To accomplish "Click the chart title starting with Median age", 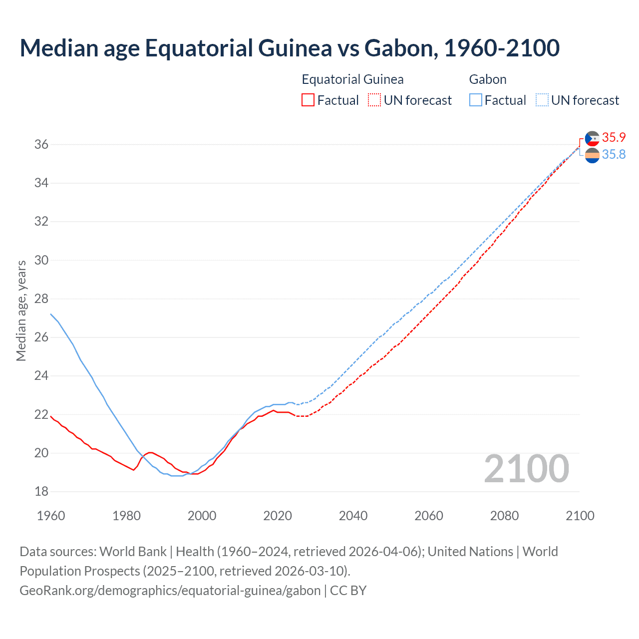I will click(x=290, y=48).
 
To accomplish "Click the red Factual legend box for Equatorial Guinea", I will click(x=308, y=100).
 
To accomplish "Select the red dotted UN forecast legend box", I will click(x=374, y=100).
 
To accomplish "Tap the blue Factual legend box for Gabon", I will click(x=476, y=100).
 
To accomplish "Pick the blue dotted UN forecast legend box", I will click(x=542, y=100).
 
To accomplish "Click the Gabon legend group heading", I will click(x=488, y=79).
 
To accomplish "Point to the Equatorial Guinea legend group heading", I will click(x=352, y=79).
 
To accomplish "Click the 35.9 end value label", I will click(x=614, y=137).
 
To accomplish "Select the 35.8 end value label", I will click(x=614, y=154).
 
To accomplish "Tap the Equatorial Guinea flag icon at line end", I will click(x=592, y=138).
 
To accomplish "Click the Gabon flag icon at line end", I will click(x=592, y=155).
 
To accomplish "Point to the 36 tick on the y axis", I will click(x=41, y=144).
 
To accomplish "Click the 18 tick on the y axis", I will click(x=41, y=491).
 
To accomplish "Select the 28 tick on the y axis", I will click(x=41, y=299).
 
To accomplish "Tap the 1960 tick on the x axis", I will click(x=51, y=516).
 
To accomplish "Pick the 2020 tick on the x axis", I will click(x=278, y=516).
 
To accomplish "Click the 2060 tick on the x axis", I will click(x=429, y=516).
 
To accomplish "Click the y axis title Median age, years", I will click(x=21, y=311).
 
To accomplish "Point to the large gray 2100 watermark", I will click(x=526, y=469).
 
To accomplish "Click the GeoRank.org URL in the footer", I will click(x=170, y=591).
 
